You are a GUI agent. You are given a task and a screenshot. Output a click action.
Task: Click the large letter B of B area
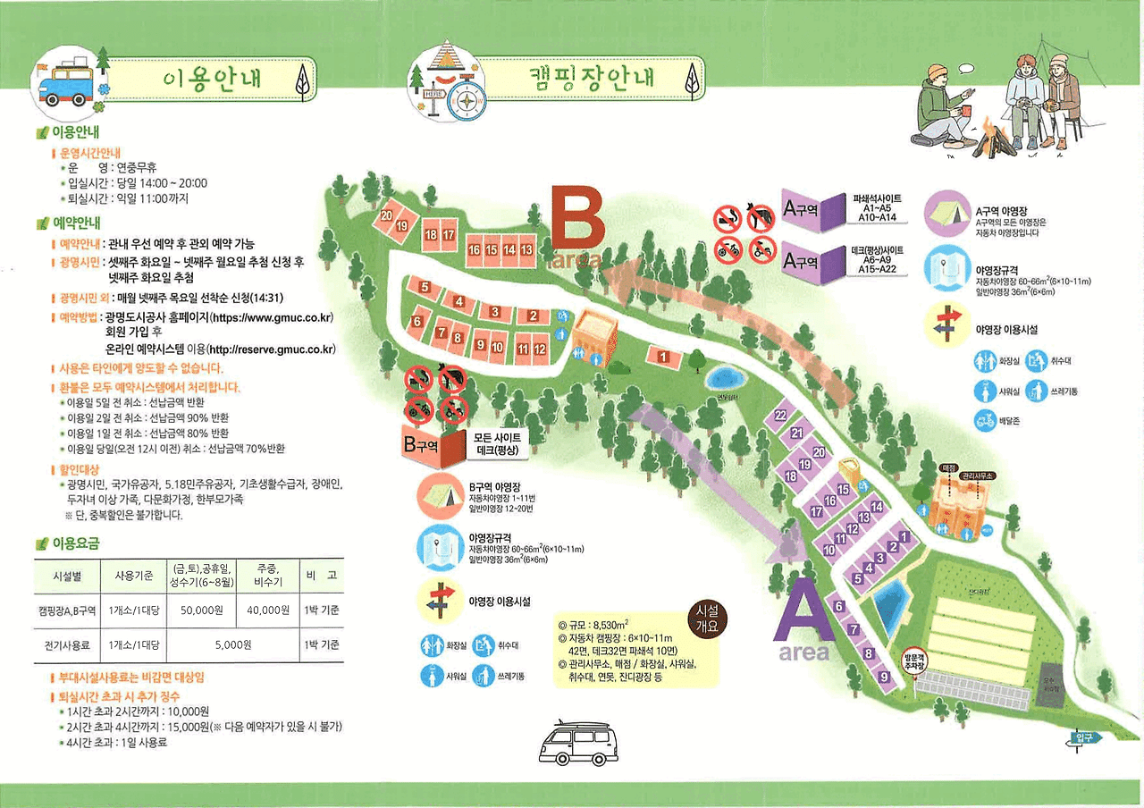576,219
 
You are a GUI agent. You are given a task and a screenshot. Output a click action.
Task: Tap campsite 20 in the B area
387,216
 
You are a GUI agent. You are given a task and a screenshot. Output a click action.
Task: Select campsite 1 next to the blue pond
663,358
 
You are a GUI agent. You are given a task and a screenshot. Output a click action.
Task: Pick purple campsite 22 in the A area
780,416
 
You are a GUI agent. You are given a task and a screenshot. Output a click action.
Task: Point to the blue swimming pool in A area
890,605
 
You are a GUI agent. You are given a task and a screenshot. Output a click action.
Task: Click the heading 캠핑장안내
587,79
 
